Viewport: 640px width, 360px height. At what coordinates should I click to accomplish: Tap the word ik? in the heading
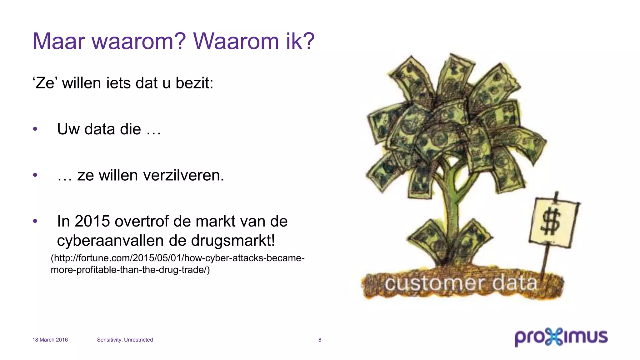pos(300,41)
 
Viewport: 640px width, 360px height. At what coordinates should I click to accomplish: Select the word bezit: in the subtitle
pos(194,83)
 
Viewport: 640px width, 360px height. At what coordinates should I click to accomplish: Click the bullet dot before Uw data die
pos(35,129)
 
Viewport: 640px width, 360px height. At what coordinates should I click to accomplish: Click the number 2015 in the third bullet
pos(92,222)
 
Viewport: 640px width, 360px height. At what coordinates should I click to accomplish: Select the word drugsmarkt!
pos(233,241)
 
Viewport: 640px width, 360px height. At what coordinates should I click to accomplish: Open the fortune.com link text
pos(177,264)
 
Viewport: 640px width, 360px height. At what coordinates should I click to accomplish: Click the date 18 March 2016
pos(50,340)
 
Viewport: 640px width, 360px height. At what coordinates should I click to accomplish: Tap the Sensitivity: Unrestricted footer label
pos(125,340)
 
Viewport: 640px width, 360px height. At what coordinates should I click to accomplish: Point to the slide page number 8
pos(320,340)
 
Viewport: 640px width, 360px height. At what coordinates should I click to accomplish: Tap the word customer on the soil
pos(434,284)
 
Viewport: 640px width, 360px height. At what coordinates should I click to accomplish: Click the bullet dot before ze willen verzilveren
pos(35,175)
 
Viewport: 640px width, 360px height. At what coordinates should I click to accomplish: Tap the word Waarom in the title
pos(236,41)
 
